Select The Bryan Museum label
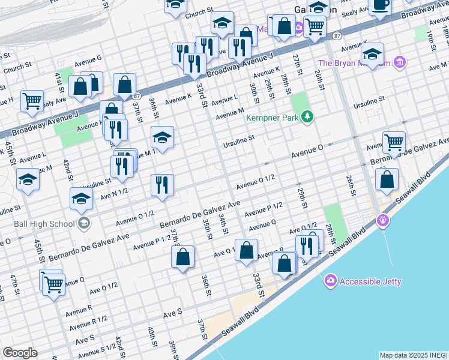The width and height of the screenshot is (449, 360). click(x=354, y=63)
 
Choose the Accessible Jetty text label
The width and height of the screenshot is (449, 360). click(x=370, y=281)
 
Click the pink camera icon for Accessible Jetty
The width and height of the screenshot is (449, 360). click(x=330, y=281)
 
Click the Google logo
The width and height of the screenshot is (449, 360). click(x=20, y=353)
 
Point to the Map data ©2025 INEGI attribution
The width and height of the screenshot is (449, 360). click(x=413, y=355)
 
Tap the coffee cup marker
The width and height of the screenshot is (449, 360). click(x=379, y=5)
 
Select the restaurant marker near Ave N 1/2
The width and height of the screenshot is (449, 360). click(x=161, y=185)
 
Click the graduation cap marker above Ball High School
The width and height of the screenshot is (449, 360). click(x=81, y=200)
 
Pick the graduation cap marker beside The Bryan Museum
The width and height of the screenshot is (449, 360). click(x=372, y=55)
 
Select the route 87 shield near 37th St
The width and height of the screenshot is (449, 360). click(x=137, y=96)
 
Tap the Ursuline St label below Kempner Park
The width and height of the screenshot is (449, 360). click(x=240, y=137)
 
